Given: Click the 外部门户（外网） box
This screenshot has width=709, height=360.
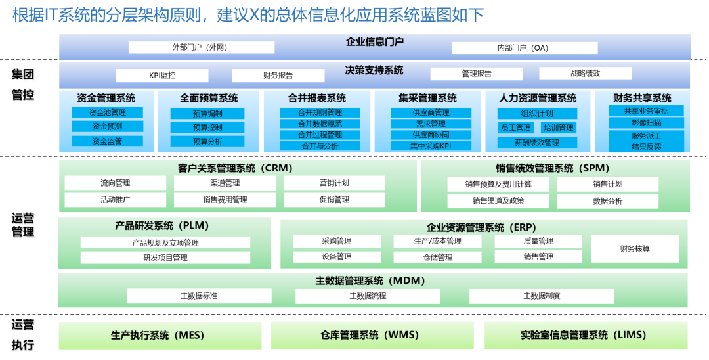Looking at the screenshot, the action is tap(200, 48).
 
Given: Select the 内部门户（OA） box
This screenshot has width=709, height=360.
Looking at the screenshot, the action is tap(525, 48).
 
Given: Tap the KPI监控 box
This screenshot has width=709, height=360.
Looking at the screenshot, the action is tap(161, 75).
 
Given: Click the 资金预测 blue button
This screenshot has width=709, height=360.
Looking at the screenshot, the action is tap(107, 127).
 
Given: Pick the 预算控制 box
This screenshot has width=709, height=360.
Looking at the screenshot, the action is tap(207, 127).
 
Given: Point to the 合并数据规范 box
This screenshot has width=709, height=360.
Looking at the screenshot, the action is tap(320, 124).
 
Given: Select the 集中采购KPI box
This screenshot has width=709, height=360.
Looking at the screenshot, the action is tap(431, 146).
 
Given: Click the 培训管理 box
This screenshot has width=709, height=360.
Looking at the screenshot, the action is tap(559, 128).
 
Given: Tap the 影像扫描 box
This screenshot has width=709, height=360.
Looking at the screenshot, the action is tap(647, 123).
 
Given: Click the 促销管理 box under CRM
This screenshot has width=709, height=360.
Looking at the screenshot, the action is tap(334, 200).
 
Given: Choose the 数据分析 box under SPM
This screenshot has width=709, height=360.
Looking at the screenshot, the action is tap(607, 201).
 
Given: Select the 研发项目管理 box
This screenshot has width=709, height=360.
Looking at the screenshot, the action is tap(165, 258).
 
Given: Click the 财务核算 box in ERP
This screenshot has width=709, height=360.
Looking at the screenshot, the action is tap(634, 249).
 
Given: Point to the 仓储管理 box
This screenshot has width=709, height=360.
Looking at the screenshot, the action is tap(438, 257).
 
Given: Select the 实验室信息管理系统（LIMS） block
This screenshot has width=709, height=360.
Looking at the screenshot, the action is tap(586, 335).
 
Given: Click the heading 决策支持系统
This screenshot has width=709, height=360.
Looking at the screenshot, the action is tap(374, 70).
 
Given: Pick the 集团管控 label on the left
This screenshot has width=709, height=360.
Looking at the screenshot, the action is tap(23, 84).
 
